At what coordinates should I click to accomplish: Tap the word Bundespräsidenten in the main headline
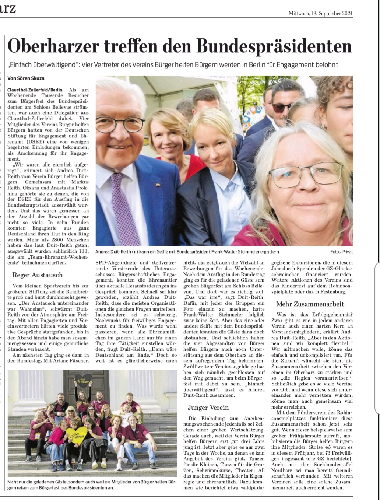(274, 47)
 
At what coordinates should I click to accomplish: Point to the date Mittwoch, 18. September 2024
(321, 14)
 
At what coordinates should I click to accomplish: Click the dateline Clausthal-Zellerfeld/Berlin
(35, 90)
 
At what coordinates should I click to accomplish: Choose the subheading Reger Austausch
(38, 275)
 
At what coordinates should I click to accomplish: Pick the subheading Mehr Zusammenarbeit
(310, 304)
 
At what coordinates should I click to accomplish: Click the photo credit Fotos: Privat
(341, 251)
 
